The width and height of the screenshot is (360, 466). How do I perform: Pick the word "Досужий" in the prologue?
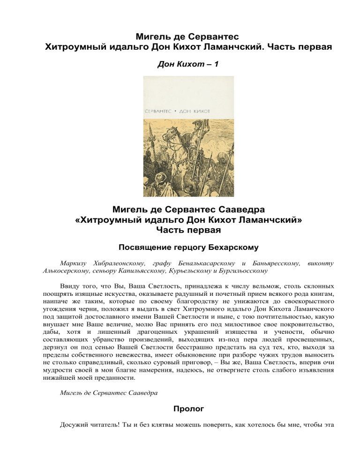[75, 425]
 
